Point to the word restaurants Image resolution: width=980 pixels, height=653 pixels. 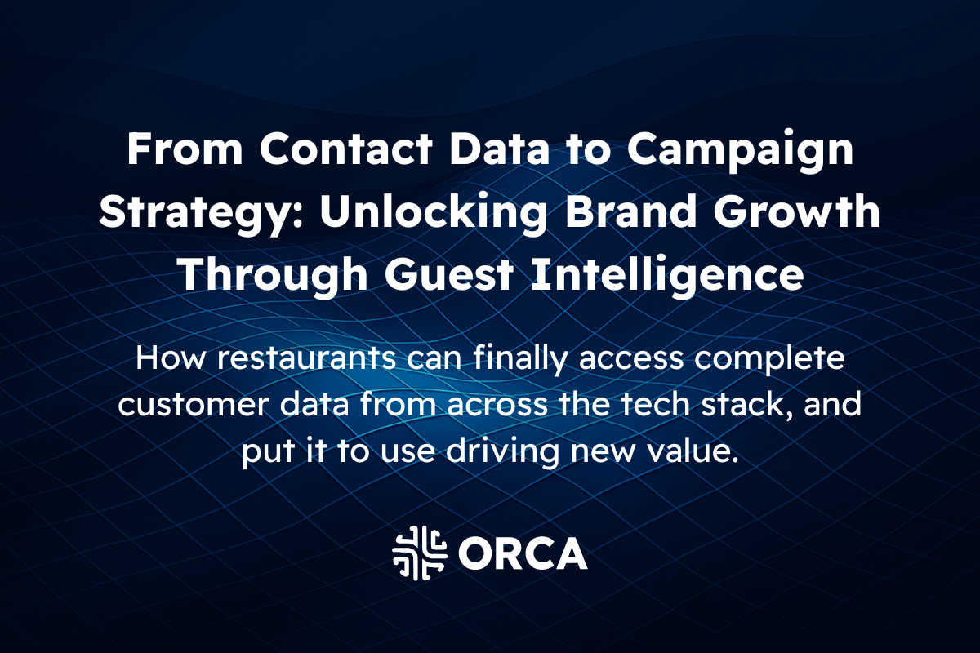click(x=295, y=359)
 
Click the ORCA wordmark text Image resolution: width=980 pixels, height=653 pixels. click(x=523, y=553)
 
